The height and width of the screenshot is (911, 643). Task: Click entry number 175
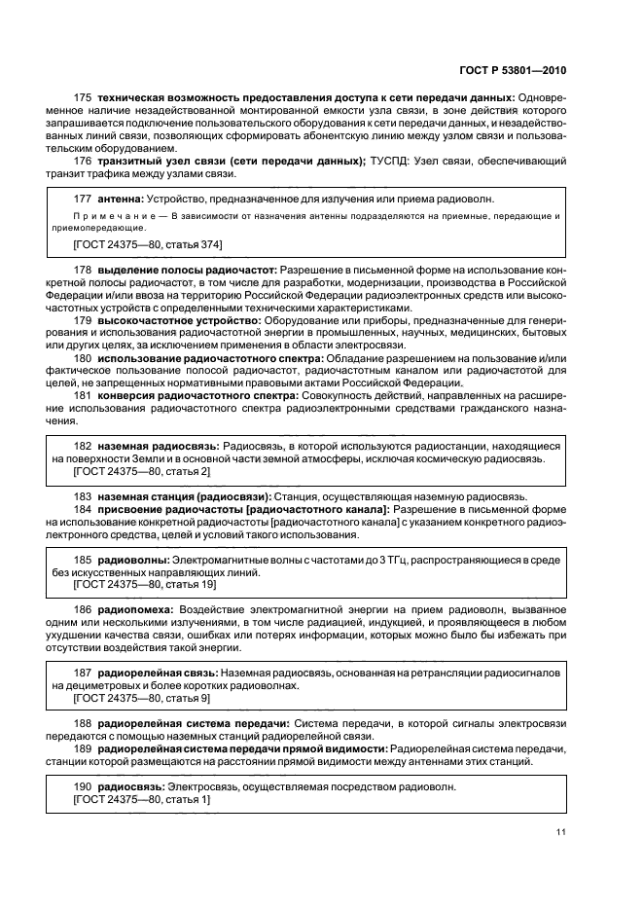click(84, 98)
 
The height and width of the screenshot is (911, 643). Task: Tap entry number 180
click(84, 358)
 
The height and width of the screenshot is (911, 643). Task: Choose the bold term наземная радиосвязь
click(159, 445)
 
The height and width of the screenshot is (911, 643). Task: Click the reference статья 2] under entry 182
click(186, 471)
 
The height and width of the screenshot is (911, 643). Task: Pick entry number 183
click(84, 496)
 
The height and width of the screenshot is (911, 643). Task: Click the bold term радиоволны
click(132, 560)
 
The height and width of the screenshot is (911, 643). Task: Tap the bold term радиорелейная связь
click(158, 673)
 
